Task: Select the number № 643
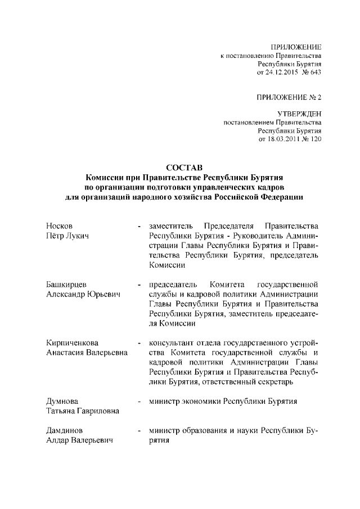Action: click(x=312, y=73)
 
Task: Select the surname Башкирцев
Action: click(x=67, y=284)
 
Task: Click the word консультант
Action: click(x=171, y=343)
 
